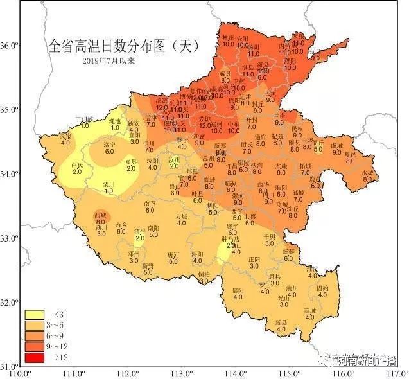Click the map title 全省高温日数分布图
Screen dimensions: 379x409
pos(121,46)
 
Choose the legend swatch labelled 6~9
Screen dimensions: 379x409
pos(33,335)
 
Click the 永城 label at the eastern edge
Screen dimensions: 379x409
pos(367,173)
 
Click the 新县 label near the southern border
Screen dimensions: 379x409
pos(281,321)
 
